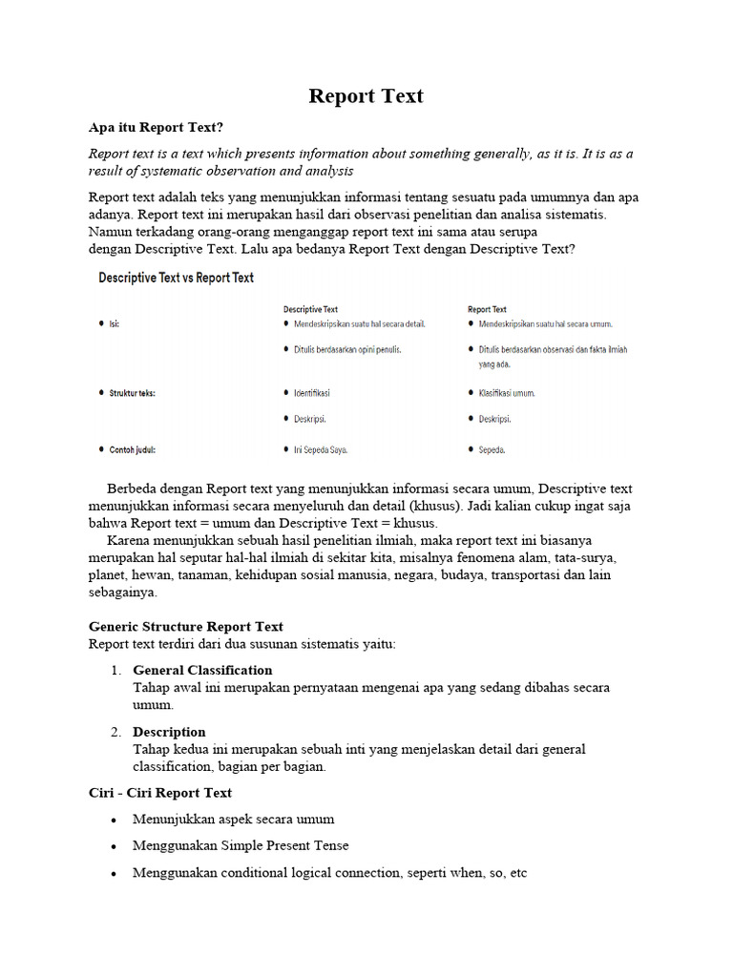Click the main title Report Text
[366, 96]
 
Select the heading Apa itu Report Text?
[156, 127]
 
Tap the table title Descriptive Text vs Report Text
[176, 278]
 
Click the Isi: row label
[115, 324]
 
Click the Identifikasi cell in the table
[311, 393]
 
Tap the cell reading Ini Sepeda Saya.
[321, 449]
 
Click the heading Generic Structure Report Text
[185, 627]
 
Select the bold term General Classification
[202, 670]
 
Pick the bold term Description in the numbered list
[169, 732]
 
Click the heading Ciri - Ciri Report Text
[159, 793]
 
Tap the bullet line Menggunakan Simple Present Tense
[241, 845]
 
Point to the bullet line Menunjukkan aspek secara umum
[233, 820]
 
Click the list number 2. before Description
[115, 732]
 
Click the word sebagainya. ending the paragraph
[122, 592]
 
